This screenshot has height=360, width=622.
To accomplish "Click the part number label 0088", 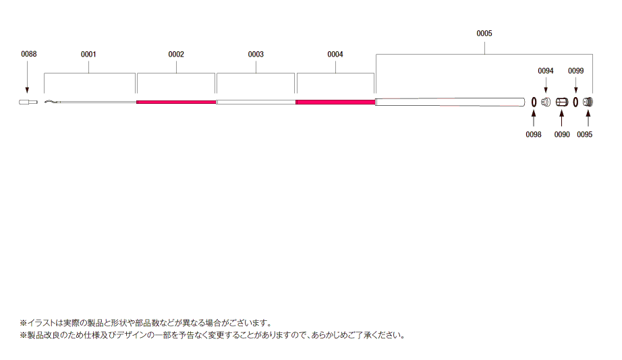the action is (x=28, y=54).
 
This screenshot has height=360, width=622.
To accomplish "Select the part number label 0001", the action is (x=88, y=55).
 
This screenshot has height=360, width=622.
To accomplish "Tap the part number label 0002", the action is (x=176, y=55).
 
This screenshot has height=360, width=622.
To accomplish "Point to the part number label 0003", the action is (x=256, y=55).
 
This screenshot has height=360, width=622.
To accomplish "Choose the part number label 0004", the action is (x=335, y=55).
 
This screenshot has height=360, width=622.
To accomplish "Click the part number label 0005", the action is (x=484, y=33).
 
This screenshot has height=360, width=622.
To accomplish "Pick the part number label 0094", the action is (x=546, y=71).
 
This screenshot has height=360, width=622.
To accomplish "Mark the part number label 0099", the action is (x=576, y=71).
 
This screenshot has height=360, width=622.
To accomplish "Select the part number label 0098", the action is (x=534, y=135).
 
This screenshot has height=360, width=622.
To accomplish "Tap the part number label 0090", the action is (x=562, y=135).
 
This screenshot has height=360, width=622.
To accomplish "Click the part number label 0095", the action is (x=585, y=135).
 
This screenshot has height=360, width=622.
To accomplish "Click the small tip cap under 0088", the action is (x=28, y=102).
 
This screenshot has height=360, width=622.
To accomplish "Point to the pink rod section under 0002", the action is (x=176, y=102).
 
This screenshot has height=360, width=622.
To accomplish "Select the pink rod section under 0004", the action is (x=335, y=102).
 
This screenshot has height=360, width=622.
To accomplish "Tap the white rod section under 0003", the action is (x=256, y=102).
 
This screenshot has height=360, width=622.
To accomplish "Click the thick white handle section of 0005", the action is (x=450, y=102).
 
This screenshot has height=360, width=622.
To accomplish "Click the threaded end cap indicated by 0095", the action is (x=588, y=102).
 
